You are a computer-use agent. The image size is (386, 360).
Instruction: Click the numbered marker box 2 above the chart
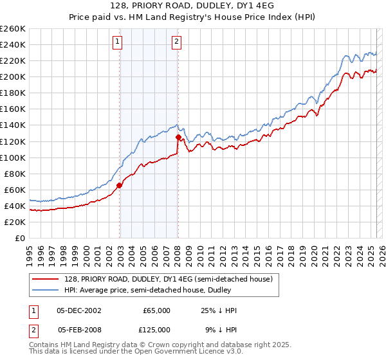(176, 42)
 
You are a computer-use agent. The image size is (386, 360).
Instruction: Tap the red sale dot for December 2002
(120, 186)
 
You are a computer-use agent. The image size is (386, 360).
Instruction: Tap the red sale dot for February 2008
(178, 137)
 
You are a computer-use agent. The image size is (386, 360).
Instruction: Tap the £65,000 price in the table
(156, 310)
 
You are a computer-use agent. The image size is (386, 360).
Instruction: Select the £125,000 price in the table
(156, 329)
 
